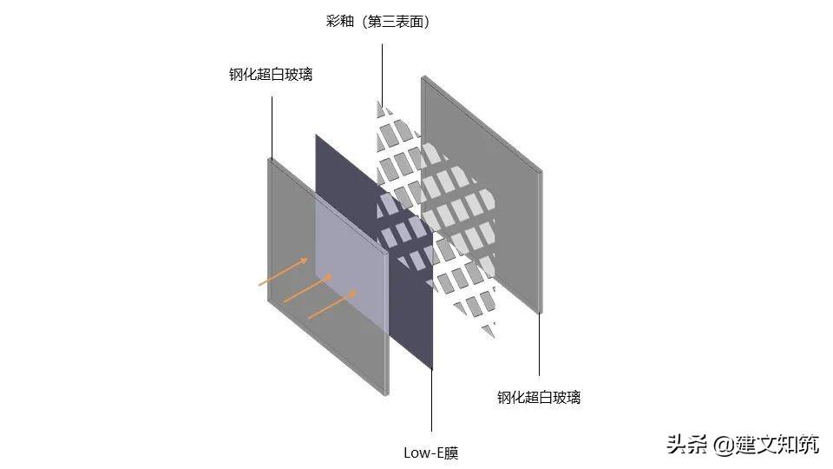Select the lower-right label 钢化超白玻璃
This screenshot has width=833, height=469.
pos(538,398)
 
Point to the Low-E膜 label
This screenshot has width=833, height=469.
pos(431,452)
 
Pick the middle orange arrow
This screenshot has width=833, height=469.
pos(308,289)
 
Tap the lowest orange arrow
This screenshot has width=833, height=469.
pos(333,304)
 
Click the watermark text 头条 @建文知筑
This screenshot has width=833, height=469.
pos(742,445)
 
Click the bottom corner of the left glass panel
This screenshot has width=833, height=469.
pos(386,393)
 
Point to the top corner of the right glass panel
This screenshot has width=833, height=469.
pos(423,78)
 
